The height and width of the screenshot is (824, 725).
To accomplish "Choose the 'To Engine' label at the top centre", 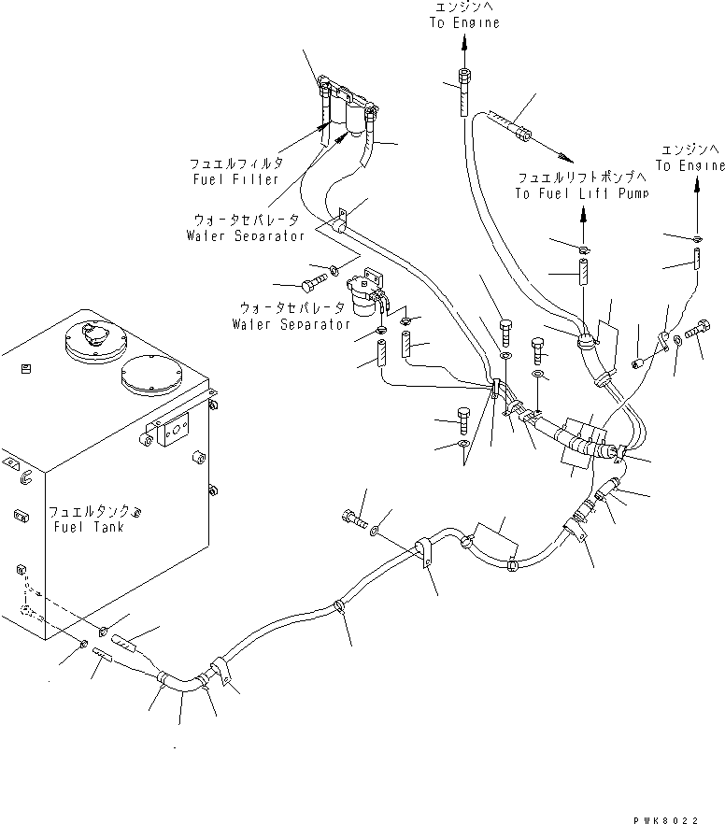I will click(x=463, y=21).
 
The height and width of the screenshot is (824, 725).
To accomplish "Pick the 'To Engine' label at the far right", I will click(x=689, y=165).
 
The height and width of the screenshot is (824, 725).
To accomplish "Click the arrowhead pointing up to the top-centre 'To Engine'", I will click(x=463, y=39).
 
